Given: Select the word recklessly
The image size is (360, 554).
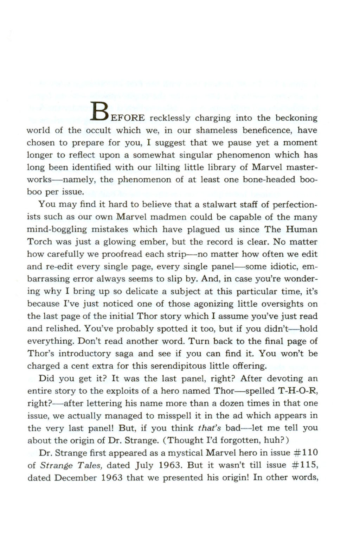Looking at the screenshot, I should (170, 118).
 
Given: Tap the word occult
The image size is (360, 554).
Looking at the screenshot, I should (98, 130).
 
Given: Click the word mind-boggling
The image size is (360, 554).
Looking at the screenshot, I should (57, 230).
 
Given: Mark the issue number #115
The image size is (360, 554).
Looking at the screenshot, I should (305, 465).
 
